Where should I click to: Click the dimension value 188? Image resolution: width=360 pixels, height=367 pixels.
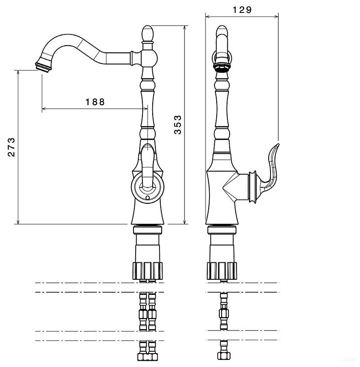pyautogui.click(x=95, y=102)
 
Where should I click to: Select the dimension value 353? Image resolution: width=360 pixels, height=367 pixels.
pyautogui.click(x=178, y=124)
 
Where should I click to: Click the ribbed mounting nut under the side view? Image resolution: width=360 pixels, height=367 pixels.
pyautogui.click(x=221, y=269)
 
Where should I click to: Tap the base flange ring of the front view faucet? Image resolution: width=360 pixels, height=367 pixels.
pyautogui.click(x=148, y=230)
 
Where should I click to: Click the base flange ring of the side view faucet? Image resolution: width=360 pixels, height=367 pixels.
pyautogui.click(x=221, y=230)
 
